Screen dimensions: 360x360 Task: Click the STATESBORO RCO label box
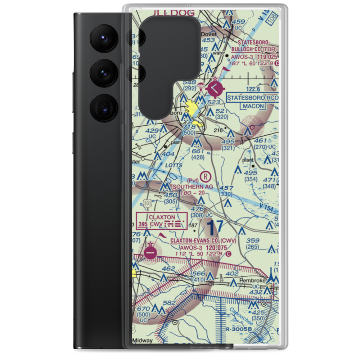(x=252, y=98)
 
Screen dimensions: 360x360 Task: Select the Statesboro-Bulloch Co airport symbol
(x=215, y=87)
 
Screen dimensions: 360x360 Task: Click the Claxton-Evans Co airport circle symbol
(x=150, y=253)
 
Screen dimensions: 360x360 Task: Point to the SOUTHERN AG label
(x=193, y=187)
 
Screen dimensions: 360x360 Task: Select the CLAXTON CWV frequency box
(x=162, y=221)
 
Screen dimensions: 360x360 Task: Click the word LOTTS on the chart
(x=175, y=166)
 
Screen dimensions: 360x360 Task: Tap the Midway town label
(x=142, y=340)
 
